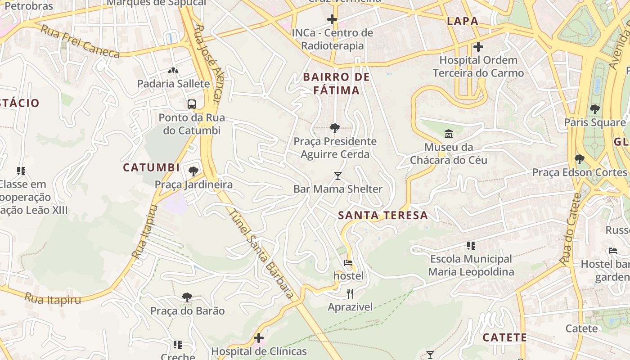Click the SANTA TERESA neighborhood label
[383, 216]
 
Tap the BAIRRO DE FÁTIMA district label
[337, 84]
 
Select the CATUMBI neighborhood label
[151, 168]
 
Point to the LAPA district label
[462, 21]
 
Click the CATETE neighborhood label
[504, 337]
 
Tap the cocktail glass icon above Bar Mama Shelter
[338, 175]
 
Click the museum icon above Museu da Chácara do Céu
[449, 134]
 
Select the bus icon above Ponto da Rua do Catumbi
[192, 104]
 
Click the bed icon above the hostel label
[348, 263]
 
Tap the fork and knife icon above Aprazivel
[350, 294]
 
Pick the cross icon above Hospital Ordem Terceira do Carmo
[478, 47]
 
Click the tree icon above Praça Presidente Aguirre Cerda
[334, 128]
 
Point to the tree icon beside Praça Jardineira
[193, 171]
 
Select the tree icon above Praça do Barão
[187, 297]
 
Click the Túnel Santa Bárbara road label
[261, 254]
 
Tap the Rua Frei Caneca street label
[80, 42]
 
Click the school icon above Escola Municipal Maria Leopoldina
[471, 246]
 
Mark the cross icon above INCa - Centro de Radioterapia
[332, 19]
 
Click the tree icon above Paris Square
[595, 109]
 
